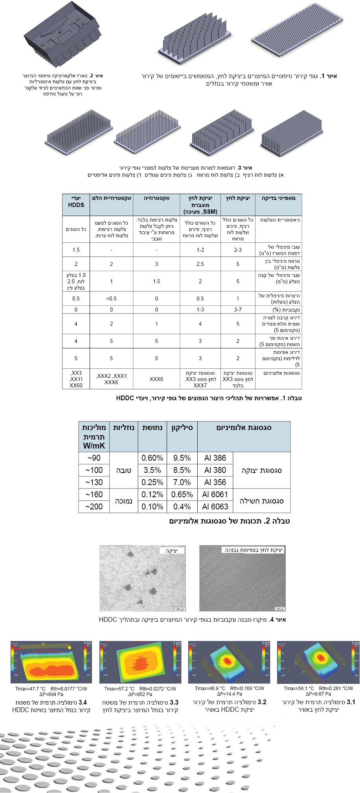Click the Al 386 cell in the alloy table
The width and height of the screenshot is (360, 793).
pos(215,458)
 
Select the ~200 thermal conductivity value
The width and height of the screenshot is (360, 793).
pos(94,507)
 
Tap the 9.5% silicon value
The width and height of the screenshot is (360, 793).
pos(182,458)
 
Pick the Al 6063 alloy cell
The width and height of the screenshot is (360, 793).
pos(215,507)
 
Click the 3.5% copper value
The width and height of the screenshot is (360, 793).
pos(152,470)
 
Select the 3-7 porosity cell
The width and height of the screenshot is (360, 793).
pos(238,310)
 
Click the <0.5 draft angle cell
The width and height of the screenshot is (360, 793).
pos(111,299)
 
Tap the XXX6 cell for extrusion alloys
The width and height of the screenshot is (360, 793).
pos(156,379)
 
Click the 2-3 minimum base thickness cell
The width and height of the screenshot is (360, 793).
pos(238,250)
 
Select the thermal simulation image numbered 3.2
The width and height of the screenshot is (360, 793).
pos(229,662)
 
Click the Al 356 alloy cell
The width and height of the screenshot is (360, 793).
pos(215,482)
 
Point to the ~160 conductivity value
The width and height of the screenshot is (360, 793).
pos(94,494)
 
